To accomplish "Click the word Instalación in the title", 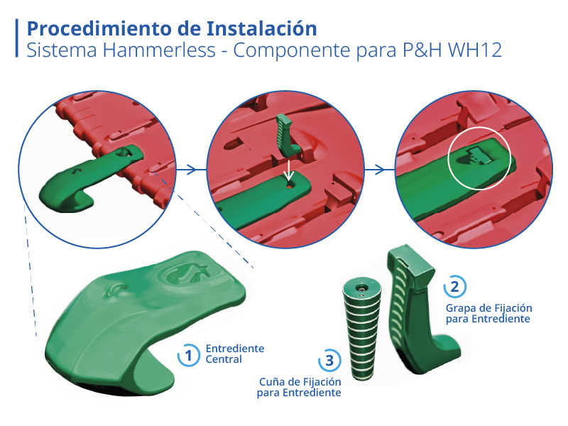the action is [x=261, y=28].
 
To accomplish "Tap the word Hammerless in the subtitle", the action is [x=159, y=50].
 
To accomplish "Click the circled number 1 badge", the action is [x=188, y=355].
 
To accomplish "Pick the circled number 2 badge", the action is [x=454, y=287].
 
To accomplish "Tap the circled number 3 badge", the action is [x=329, y=360].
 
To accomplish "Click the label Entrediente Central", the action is [x=235, y=354].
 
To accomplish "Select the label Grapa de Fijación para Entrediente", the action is [x=488, y=313].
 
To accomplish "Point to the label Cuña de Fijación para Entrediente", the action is [x=299, y=387].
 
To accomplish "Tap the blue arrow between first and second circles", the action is [x=186, y=169].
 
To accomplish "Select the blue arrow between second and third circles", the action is [x=375, y=169].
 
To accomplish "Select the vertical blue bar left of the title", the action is [x=16, y=38].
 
